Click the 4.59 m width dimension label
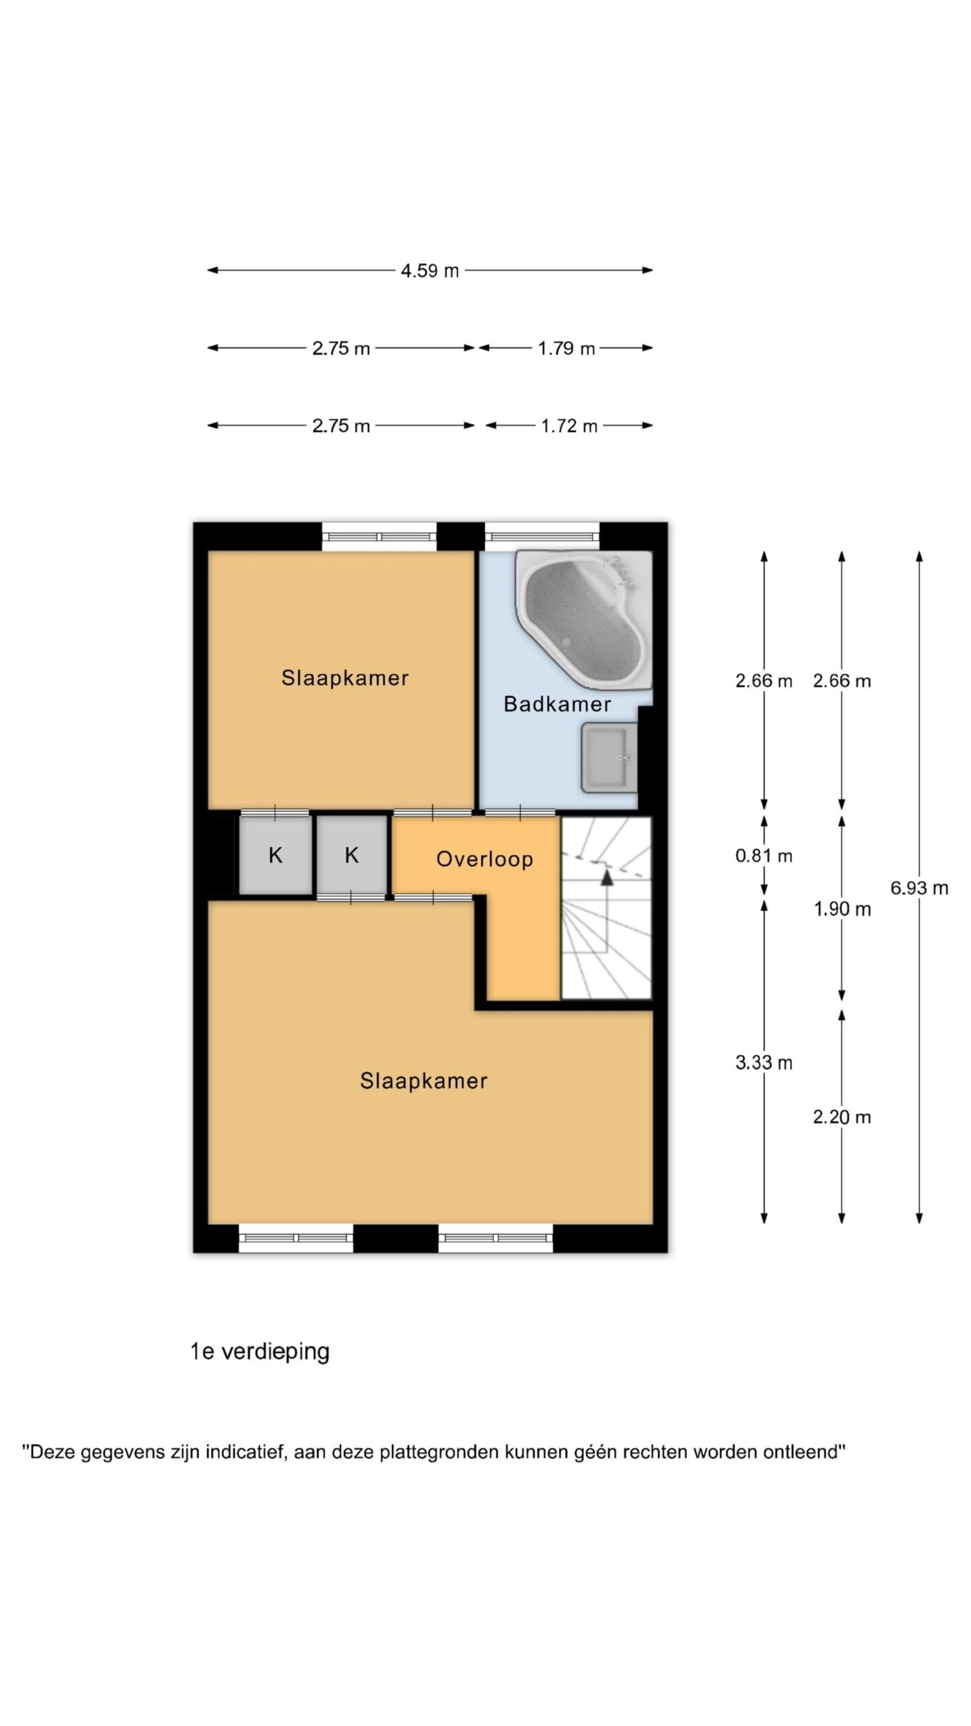(x=430, y=270)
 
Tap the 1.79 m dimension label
(x=566, y=349)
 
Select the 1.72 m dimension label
(x=569, y=426)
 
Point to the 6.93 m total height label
(x=919, y=888)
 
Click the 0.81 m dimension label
(x=763, y=856)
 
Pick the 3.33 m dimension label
(x=763, y=1063)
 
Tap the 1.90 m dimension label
(x=842, y=910)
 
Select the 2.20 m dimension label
(x=842, y=1117)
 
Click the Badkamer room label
(x=557, y=705)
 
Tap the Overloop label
(x=484, y=859)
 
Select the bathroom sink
(x=609, y=758)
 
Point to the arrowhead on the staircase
(x=607, y=877)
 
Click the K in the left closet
(x=275, y=856)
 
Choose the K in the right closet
(x=351, y=856)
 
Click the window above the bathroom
(x=542, y=537)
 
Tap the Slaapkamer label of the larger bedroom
(x=423, y=1081)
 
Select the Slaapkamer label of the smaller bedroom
(x=345, y=678)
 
